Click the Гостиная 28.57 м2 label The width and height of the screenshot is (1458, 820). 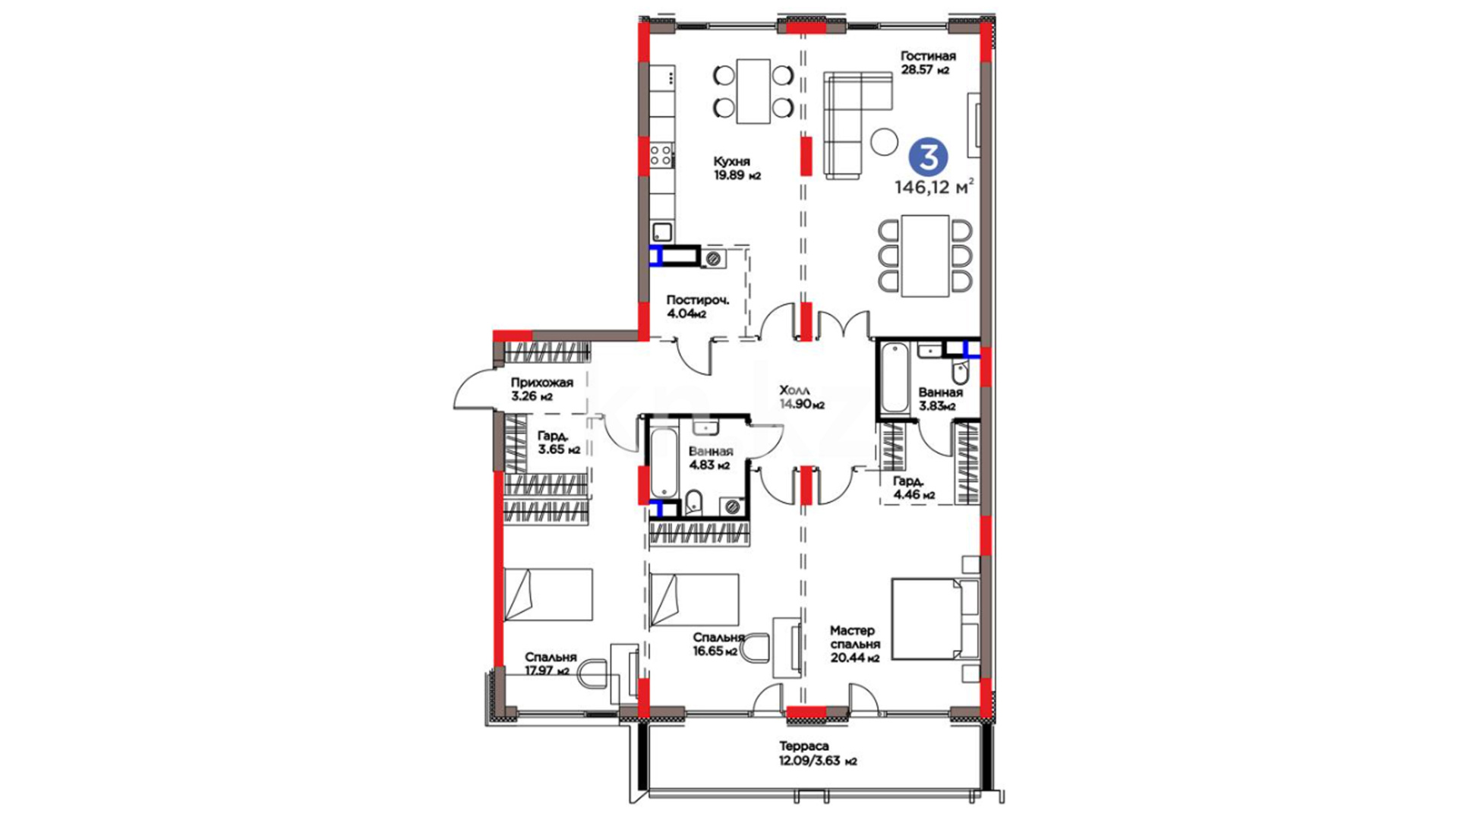[928, 63]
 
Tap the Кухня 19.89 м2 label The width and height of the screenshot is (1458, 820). [737, 169]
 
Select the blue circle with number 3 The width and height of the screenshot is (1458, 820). [929, 156]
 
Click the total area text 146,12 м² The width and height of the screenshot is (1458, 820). [935, 187]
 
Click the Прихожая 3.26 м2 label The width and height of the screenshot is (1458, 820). [541, 389]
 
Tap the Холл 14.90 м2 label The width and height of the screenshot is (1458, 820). [802, 398]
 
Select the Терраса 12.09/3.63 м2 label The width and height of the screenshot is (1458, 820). [818, 754]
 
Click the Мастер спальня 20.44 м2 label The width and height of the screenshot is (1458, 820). [854, 645]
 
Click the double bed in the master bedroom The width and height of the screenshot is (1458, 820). [935, 619]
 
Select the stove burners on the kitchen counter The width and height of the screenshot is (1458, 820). [661, 156]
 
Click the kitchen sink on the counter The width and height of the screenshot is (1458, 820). [662, 231]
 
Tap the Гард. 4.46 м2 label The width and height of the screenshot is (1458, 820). [914, 488]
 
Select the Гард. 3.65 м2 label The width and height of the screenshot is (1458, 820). [559, 443]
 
